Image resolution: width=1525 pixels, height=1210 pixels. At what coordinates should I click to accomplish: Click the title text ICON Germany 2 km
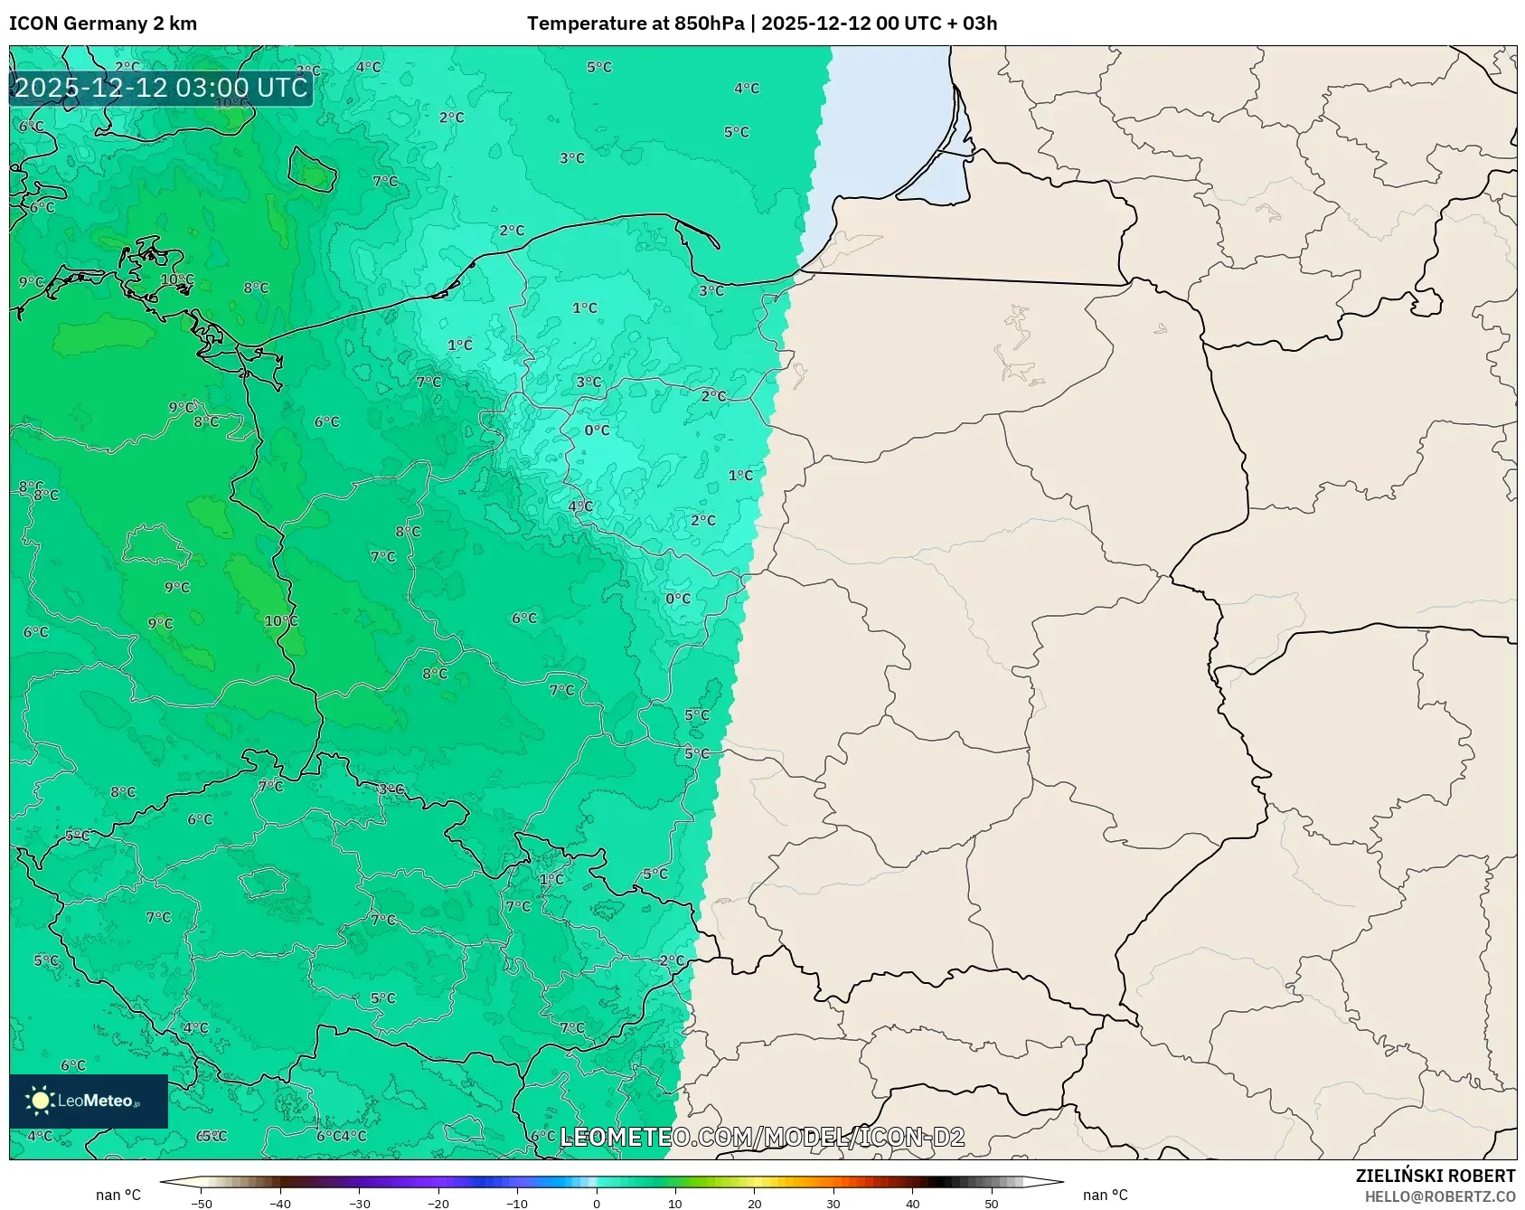pyautogui.click(x=102, y=24)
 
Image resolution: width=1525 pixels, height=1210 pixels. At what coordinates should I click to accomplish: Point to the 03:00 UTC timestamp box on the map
pyautogui.click(x=161, y=88)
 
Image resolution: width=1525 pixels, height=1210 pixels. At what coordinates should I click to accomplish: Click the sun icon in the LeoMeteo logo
pyautogui.click(x=40, y=1101)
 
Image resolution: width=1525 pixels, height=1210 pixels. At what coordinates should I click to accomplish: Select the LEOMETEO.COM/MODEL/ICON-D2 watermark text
pyautogui.click(x=762, y=1137)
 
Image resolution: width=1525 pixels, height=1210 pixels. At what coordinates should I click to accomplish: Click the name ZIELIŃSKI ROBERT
pyautogui.click(x=1435, y=1176)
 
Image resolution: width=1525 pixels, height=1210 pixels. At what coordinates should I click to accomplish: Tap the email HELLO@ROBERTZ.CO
pyautogui.click(x=1439, y=1196)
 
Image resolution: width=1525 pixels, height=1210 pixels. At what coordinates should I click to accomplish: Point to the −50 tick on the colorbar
pyautogui.click(x=202, y=1204)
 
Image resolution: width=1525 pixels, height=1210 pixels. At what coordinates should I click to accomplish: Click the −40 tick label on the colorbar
pyautogui.click(x=280, y=1204)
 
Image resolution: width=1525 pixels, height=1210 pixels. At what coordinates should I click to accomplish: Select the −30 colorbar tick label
pyautogui.click(x=360, y=1204)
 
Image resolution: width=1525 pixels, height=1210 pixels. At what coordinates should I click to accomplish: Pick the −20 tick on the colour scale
pyautogui.click(x=438, y=1204)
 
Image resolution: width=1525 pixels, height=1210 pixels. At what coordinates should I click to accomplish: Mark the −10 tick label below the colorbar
pyautogui.click(x=517, y=1204)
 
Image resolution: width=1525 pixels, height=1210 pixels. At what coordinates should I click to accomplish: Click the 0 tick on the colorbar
pyautogui.click(x=597, y=1204)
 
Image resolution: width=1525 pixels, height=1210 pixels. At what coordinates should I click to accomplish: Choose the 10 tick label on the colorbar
pyautogui.click(x=675, y=1204)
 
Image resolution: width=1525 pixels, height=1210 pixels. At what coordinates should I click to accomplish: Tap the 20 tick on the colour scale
pyautogui.click(x=755, y=1204)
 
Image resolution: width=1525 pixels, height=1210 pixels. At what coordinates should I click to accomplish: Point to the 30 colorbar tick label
pyautogui.click(x=833, y=1204)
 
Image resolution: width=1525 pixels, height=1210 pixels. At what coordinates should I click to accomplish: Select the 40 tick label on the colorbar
pyautogui.click(x=913, y=1204)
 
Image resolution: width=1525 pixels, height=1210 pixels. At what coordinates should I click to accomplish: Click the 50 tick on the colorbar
pyautogui.click(x=992, y=1204)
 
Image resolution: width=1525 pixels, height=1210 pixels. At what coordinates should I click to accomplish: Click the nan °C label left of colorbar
pyautogui.click(x=118, y=1196)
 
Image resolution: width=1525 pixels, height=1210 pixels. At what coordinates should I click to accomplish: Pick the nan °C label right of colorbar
pyautogui.click(x=1106, y=1196)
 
